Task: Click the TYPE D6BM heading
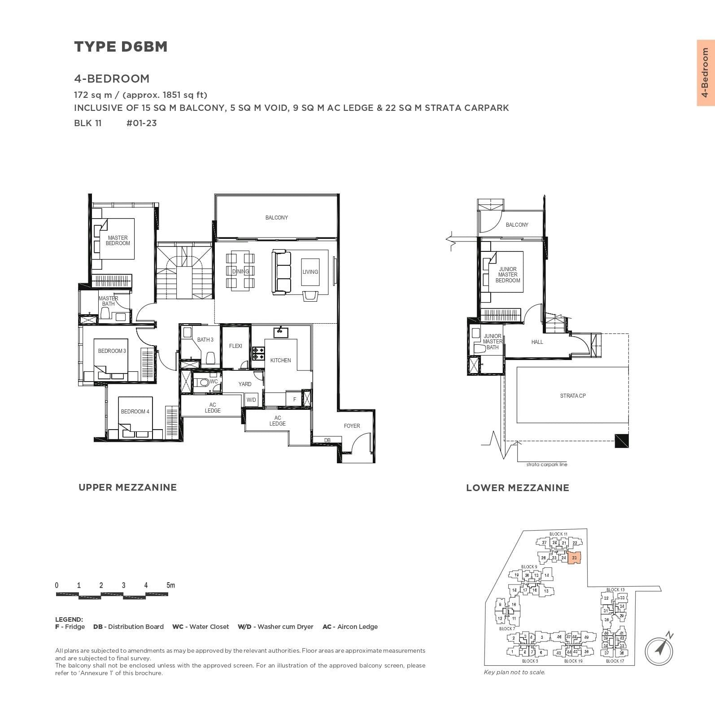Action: click(x=121, y=47)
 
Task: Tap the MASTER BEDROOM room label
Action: click(x=118, y=241)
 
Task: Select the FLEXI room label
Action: click(x=235, y=346)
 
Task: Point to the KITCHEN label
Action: click(x=280, y=360)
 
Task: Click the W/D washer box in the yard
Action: click(x=251, y=400)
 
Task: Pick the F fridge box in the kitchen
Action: click(x=295, y=400)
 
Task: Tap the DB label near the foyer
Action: click(x=327, y=440)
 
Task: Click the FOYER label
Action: click(x=352, y=426)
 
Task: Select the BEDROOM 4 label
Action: click(x=135, y=412)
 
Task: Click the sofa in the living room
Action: click(x=281, y=272)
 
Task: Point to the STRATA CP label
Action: click(x=573, y=396)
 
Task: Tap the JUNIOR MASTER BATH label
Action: click(x=492, y=342)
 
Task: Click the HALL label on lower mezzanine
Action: click(x=537, y=342)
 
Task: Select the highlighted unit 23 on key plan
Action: click(x=575, y=558)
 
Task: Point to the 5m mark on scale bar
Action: click(x=170, y=585)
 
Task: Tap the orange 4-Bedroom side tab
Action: click(x=705, y=73)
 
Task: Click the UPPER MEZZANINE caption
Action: click(x=127, y=488)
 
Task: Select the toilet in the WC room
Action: click(x=205, y=382)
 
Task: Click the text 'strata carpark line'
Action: click(x=547, y=465)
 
